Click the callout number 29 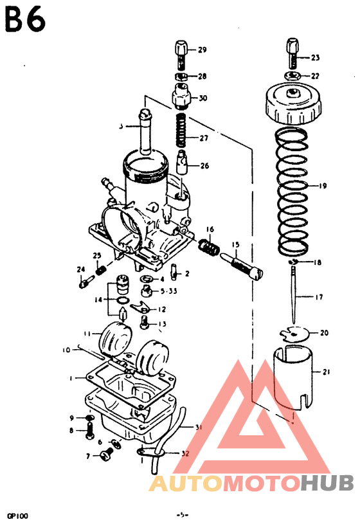[x=202, y=50]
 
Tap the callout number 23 [x=314, y=58]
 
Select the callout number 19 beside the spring [x=321, y=186]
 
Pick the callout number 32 [x=186, y=454]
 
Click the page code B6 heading [x=25, y=19]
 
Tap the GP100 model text [x=17, y=515]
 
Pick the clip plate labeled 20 [x=295, y=334]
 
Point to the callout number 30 [x=203, y=98]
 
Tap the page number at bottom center [x=182, y=515]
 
